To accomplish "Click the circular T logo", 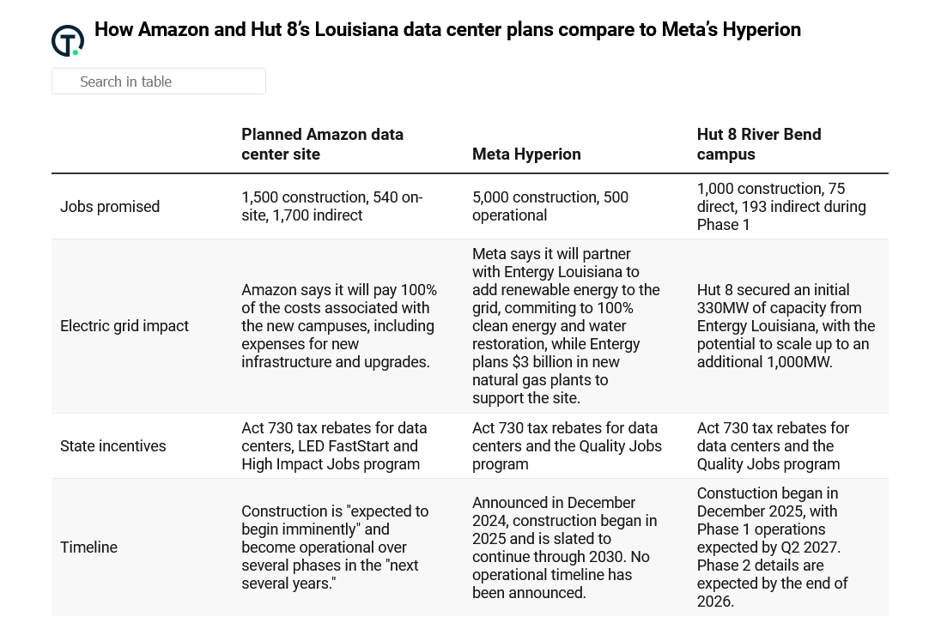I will coord(68,40).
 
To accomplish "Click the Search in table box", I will coord(159,82).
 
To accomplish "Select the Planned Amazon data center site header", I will coord(322,144).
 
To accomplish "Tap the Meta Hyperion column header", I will coord(526,154).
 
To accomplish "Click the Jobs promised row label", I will coord(110,207).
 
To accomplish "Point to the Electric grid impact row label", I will coord(124,326).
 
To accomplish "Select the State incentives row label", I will coord(113,446).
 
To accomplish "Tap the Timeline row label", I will coord(88,547).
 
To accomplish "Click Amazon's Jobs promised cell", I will coord(331,207).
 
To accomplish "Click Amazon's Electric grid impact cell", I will coord(339,326).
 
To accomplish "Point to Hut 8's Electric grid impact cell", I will coord(786,326).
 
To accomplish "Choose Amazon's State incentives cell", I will coord(334,446).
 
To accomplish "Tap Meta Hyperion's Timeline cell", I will coord(564,547).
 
